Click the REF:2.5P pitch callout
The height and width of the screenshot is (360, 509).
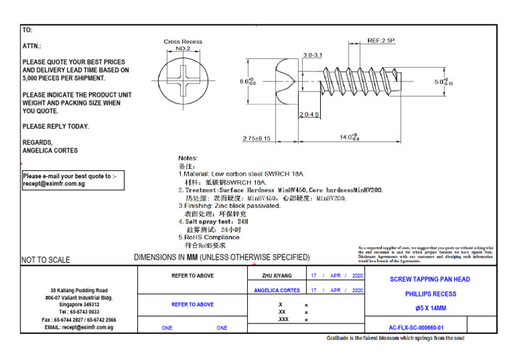[x=381, y=41]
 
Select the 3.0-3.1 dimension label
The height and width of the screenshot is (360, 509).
[x=313, y=54]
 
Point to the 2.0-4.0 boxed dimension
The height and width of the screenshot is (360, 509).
[x=310, y=115]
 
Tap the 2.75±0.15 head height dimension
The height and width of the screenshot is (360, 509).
[x=256, y=138]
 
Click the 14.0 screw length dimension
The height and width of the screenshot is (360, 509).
[x=349, y=137]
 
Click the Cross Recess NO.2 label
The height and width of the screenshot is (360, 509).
[x=183, y=45]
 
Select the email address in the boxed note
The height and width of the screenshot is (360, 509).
[x=54, y=184]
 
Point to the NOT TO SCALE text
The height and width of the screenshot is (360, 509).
[x=46, y=260]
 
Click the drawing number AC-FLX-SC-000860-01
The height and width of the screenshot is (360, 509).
[x=416, y=328]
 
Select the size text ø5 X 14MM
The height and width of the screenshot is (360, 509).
[x=430, y=308]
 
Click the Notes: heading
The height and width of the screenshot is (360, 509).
[x=188, y=158]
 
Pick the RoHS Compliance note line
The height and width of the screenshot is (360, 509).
[x=209, y=237]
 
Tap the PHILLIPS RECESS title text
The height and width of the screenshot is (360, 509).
[x=430, y=294]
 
